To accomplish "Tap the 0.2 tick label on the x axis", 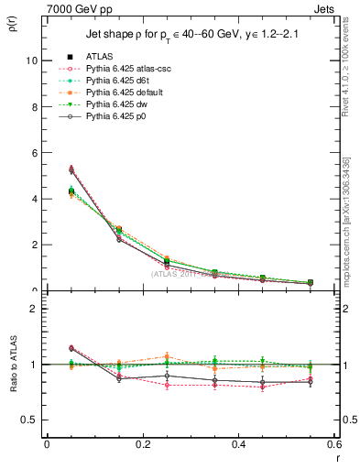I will pyautogui.click(x=142, y=443).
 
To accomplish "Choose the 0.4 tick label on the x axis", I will pyautogui.click(x=238, y=443).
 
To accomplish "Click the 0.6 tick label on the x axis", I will pyautogui.click(x=333, y=443).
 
